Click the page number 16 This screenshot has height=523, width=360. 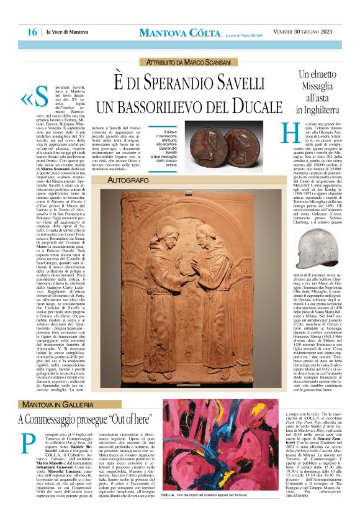(x=32, y=32)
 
